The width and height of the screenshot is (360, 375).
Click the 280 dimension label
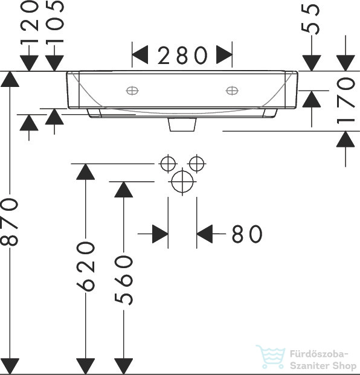point(182,55)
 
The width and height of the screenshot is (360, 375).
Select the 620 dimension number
point(85,266)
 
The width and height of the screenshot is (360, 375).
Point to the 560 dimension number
point(123,280)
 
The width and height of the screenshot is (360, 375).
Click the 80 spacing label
point(247,234)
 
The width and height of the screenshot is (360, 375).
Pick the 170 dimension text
point(346,100)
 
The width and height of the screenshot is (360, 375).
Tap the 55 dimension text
point(310,19)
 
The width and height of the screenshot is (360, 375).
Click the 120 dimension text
point(29,23)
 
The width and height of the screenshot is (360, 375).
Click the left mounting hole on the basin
point(132,91)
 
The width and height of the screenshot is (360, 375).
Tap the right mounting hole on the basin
point(232,91)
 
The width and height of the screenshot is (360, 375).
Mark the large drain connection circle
point(182,182)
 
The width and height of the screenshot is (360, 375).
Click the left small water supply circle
point(168,164)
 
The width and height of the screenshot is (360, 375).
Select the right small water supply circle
point(197,164)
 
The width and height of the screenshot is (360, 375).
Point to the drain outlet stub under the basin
point(182,124)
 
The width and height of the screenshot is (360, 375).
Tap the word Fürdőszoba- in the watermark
point(318,354)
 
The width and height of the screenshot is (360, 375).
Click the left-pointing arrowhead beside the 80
point(205,234)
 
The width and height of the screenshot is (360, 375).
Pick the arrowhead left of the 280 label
point(140,55)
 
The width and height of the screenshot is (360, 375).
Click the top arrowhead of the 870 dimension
point(10,79)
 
